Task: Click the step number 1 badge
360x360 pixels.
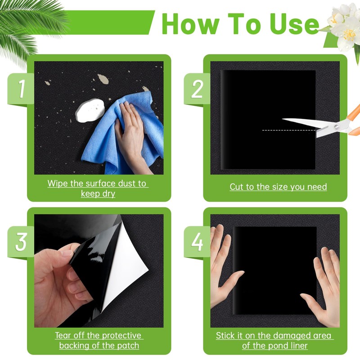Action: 21,90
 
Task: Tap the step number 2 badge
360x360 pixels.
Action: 197,90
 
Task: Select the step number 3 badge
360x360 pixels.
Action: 21,243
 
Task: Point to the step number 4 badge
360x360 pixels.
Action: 197,243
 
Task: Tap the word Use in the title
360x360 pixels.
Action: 296,24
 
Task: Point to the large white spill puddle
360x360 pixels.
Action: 90,110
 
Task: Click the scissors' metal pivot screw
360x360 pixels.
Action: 337,127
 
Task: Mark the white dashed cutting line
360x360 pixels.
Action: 289,130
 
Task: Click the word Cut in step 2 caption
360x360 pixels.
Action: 236,187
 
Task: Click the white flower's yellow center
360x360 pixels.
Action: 349,35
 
